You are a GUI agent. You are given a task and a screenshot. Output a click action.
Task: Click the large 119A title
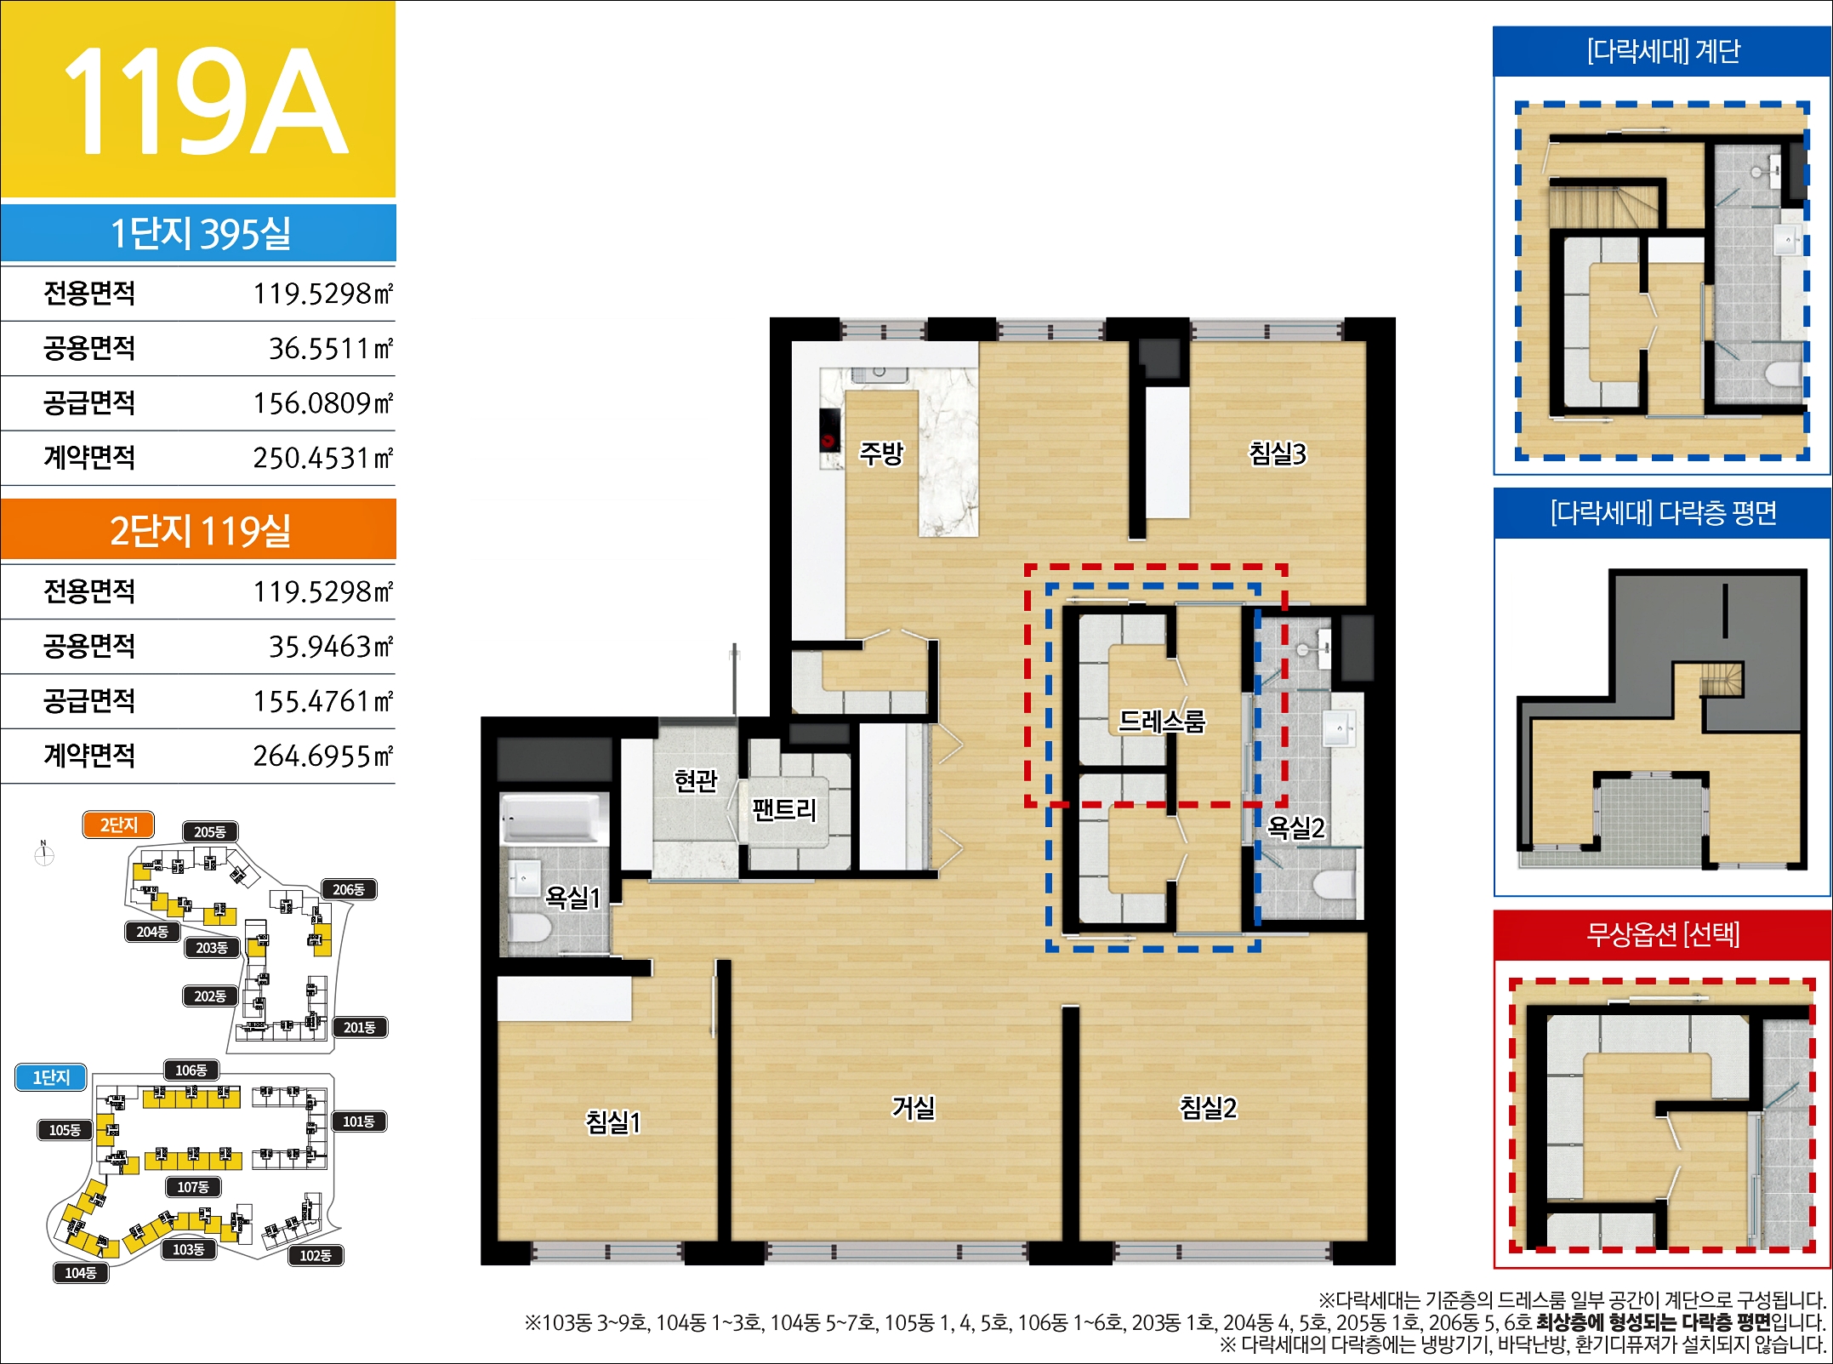(205, 101)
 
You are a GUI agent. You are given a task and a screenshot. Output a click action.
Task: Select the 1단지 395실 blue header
(198, 232)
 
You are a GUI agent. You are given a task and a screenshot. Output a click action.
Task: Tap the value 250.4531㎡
(323, 458)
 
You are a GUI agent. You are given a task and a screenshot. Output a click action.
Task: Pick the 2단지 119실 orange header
(198, 529)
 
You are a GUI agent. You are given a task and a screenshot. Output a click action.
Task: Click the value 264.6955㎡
(323, 756)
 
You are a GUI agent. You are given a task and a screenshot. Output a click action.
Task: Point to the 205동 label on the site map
(210, 831)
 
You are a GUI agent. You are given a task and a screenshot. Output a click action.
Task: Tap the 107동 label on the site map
(193, 1186)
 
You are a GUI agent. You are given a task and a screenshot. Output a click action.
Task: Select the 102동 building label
(316, 1255)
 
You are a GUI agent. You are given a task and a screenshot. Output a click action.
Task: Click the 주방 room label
(881, 453)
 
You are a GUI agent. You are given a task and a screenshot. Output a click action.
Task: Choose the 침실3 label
(1278, 453)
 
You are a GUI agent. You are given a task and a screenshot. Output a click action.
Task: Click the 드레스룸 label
(1162, 722)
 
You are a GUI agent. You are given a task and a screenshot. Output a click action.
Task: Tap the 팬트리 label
(784, 808)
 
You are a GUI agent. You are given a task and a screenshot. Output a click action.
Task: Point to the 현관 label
(696, 779)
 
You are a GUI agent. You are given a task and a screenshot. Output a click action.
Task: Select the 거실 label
(914, 1107)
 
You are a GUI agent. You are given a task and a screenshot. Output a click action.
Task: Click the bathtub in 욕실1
(555, 818)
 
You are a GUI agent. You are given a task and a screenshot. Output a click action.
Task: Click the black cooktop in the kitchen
(829, 430)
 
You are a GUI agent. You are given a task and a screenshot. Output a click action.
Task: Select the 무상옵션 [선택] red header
(1663, 934)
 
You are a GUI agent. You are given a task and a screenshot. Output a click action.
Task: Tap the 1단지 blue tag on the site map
(52, 1077)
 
